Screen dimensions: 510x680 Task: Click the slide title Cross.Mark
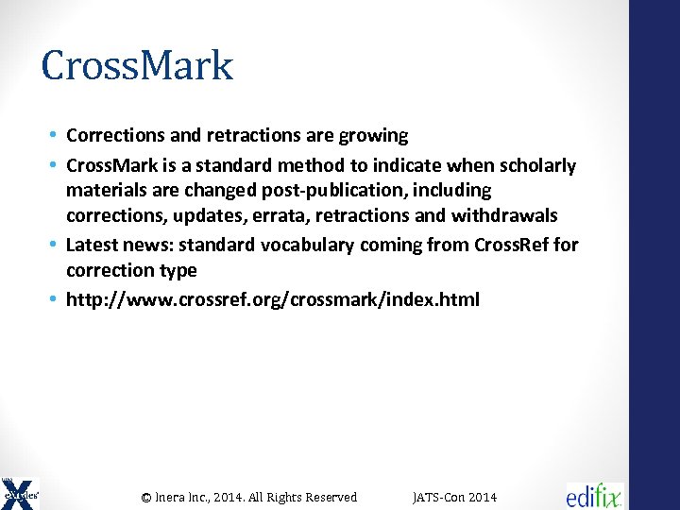pos(137,66)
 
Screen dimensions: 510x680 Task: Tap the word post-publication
pos(333,191)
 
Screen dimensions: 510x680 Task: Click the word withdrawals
pos(501,215)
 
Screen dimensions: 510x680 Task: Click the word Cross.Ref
pos(516,246)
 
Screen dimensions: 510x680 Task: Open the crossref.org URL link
pos(273,300)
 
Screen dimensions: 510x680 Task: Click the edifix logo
pos(594,495)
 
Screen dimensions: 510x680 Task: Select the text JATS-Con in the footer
pos(437,498)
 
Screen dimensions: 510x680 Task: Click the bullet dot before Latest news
pos(55,246)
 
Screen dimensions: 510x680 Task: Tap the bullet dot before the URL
pos(55,300)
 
